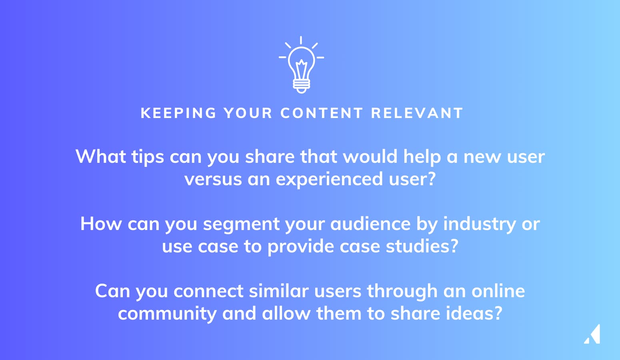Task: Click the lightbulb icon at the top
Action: click(301, 65)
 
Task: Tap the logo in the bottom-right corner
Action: click(592, 334)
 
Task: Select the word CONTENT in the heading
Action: click(321, 113)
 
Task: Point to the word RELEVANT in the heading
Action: click(417, 113)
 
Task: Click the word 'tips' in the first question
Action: click(148, 157)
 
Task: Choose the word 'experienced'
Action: click(329, 179)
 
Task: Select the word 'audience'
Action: click(370, 224)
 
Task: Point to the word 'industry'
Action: click(480, 224)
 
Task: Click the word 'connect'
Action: click(208, 291)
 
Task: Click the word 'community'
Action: click(167, 314)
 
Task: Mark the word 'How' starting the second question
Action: click(101, 224)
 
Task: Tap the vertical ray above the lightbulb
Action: click(301, 40)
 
